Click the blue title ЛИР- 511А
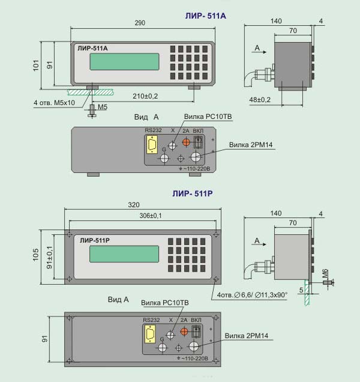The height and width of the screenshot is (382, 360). [x=205, y=16]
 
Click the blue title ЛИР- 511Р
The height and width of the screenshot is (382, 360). [x=192, y=193]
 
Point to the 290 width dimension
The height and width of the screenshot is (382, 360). [x=140, y=23]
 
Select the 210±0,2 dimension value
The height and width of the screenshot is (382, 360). [x=145, y=96]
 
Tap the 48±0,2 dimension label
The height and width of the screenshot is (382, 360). [x=260, y=100]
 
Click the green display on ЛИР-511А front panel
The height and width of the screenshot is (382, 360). [x=124, y=62]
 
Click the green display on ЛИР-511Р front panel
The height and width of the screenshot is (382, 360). [x=124, y=254]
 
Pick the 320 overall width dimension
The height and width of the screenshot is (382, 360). [x=134, y=205]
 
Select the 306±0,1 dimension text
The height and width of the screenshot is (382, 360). [x=151, y=216]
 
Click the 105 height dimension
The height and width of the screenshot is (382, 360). [x=35, y=255]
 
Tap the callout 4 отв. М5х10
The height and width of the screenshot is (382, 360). [x=54, y=103]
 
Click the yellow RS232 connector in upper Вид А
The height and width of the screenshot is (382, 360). [x=152, y=145]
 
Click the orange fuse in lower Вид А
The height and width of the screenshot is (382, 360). [x=184, y=332]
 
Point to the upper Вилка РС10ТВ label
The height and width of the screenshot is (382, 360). [x=208, y=117]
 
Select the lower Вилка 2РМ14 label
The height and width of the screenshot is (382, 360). [x=247, y=336]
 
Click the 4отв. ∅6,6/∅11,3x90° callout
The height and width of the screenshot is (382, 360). [x=252, y=295]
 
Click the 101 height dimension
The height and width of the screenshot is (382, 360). [x=36, y=65]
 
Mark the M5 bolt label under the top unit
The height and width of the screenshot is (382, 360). [x=103, y=107]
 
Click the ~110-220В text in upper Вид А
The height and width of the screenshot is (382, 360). [x=197, y=169]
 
